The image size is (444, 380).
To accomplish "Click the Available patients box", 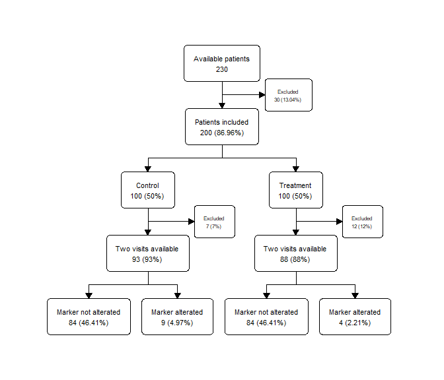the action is (222, 63).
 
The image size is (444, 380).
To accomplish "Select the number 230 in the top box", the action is (222, 69).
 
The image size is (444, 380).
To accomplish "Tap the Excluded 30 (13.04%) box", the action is (289, 95).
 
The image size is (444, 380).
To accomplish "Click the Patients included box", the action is (222, 127).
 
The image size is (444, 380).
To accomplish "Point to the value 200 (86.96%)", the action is (222, 133).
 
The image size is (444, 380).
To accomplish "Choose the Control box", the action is (148, 190).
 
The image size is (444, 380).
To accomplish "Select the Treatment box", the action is (295, 190).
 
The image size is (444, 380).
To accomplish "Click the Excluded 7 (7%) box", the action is (215, 222).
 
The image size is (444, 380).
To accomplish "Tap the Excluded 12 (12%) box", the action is (363, 222).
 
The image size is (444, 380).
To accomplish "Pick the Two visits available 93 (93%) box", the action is (148, 253).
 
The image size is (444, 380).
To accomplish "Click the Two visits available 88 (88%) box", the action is (295, 253).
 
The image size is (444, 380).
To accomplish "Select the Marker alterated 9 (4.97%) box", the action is (177, 317).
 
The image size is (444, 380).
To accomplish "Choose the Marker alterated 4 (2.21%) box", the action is (355, 317).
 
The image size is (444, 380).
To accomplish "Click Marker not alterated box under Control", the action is (89, 317).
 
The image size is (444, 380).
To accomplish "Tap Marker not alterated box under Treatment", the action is (266, 317).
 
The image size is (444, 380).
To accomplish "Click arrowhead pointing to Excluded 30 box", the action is (262, 95).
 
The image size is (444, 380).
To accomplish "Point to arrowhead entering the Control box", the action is (148, 169).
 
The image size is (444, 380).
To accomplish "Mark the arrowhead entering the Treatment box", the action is (296, 169).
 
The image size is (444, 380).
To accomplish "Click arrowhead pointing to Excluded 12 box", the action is (340, 222).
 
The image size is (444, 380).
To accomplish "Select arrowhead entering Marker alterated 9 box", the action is (178, 296).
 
